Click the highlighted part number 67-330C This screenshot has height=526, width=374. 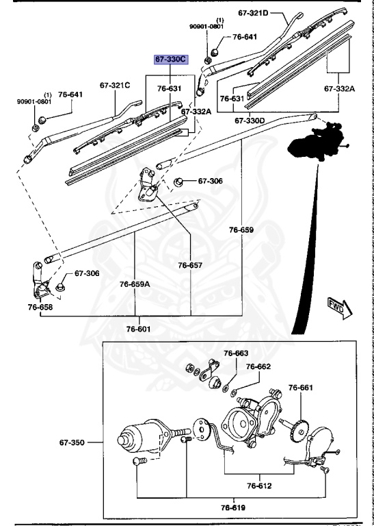170,60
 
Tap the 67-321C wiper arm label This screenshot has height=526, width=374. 114,86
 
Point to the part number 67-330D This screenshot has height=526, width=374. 250,120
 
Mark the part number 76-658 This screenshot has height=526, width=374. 40,307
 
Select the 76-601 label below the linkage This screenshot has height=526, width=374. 139,329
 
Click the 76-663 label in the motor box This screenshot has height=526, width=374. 237,353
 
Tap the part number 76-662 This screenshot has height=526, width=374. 258,366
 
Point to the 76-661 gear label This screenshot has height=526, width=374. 300,388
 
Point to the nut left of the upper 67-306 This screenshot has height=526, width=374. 178,182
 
